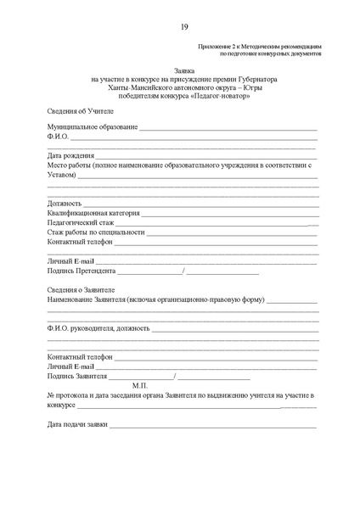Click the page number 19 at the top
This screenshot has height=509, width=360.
184,28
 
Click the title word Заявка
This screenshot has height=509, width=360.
183,73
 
